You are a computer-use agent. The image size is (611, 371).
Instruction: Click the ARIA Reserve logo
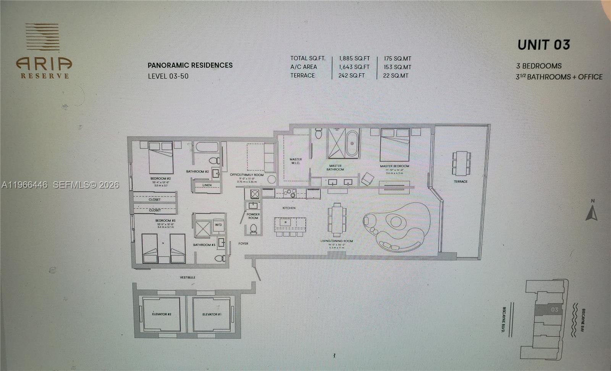[44, 51]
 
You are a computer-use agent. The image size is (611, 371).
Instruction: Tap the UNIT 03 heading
[544, 45]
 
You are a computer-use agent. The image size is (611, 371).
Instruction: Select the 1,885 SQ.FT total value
[354, 58]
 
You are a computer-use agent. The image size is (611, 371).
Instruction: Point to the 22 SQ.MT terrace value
[396, 76]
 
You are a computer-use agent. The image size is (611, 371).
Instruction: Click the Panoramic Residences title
[190, 65]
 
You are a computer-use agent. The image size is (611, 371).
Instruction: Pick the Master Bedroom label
[394, 166]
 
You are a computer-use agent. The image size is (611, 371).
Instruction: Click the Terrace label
[461, 181]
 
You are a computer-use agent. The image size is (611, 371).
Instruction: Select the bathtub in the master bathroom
[352, 143]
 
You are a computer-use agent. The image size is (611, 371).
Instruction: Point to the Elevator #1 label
[212, 314]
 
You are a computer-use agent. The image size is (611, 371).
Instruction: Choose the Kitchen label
[289, 208]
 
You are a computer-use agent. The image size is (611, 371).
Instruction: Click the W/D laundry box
[218, 224]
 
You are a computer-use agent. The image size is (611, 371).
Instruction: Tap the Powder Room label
[253, 216]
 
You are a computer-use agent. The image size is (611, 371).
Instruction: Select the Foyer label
[243, 244]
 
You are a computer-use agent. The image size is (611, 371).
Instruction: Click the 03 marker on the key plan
[554, 310]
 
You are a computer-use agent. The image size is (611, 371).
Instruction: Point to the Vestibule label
[188, 277]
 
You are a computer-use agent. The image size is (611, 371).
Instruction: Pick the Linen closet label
[207, 185]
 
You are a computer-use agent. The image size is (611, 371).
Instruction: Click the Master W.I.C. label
[296, 161]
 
